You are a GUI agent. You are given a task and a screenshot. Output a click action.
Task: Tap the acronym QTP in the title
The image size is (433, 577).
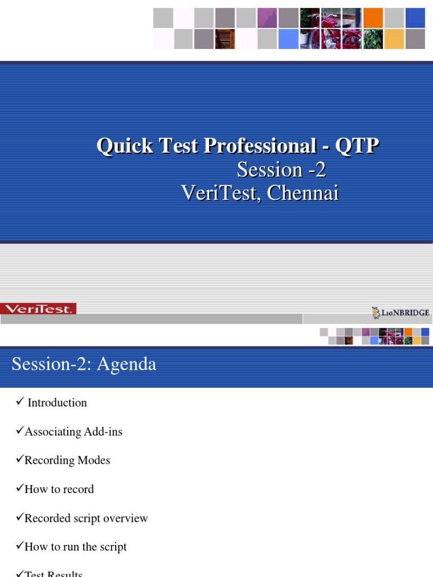(x=357, y=147)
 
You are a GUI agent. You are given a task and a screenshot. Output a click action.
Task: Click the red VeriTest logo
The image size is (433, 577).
(x=38, y=309)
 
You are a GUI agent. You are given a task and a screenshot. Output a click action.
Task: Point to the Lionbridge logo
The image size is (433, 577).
(x=401, y=312)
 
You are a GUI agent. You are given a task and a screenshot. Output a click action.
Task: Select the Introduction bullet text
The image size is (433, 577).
(x=57, y=403)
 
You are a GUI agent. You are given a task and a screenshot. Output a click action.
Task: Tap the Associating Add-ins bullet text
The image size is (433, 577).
(x=73, y=432)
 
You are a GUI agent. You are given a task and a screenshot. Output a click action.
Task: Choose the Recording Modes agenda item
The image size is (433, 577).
(x=67, y=460)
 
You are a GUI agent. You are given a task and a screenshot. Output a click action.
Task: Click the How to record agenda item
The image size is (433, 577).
(x=59, y=489)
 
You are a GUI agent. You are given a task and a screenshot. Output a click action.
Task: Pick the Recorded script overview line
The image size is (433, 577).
(x=86, y=518)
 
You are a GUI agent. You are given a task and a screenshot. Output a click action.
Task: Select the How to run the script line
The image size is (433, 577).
(x=76, y=547)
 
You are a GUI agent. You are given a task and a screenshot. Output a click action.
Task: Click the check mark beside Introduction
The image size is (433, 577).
(x=19, y=401)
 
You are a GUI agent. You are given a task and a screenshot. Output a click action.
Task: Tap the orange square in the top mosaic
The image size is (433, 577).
(x=373, y=17)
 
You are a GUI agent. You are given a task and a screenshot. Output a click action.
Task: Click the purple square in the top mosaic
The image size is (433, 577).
(x=267, y=17)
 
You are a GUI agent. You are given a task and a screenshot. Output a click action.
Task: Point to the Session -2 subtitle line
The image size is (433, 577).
(x=281, y=170)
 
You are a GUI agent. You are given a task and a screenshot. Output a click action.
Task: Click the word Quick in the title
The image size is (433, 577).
(x=125, y=147)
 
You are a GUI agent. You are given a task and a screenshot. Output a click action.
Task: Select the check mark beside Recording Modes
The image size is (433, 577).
(x=19, y=459)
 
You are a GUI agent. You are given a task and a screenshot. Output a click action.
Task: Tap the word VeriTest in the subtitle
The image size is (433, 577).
(x=220, y=193)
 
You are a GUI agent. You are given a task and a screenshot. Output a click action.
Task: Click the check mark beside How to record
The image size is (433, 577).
(x=19, y=488)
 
